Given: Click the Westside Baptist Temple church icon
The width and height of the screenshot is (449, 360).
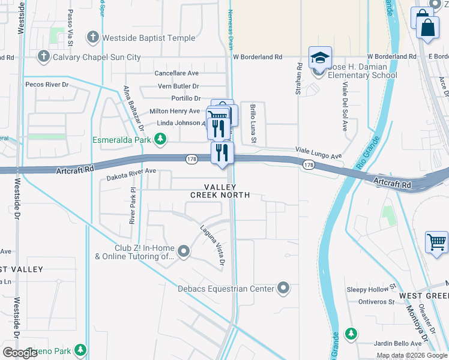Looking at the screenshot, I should tap(93, 38).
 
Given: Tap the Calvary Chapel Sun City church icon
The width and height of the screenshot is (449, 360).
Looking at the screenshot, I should tap(43, 57).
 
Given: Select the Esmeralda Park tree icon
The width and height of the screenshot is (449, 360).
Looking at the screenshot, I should tap(160, 140).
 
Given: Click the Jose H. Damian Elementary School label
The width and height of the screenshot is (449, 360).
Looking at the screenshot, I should tap(358, 71).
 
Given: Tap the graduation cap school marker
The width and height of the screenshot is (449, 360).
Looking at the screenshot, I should tap(320, 58).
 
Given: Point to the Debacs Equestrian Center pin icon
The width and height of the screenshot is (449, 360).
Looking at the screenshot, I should tap(284, 289).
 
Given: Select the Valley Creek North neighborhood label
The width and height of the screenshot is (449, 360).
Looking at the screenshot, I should tap(220, 191).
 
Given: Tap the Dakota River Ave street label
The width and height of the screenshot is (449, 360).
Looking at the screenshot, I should tap(131, 174).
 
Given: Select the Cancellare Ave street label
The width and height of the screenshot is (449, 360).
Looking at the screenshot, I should tap(176, 73).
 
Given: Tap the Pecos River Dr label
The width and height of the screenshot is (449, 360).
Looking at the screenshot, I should tap(47, 85).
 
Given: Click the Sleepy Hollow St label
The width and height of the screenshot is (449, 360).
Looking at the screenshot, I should tap(372, 289).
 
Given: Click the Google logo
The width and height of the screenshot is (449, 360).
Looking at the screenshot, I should tap(20, 353).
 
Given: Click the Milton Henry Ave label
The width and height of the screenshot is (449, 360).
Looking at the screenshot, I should tap(174, 111).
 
